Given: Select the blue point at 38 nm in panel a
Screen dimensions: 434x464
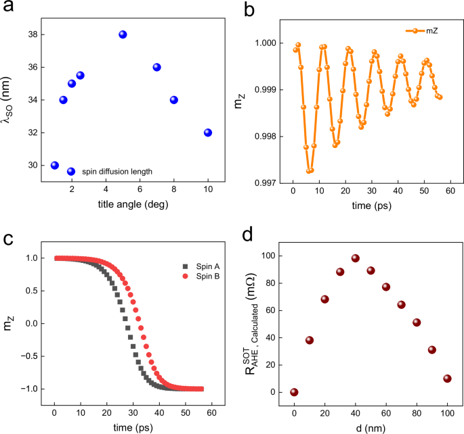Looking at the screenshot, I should (x=123, y=34).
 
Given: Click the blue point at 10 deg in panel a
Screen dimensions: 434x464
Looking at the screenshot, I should (x=207, y=132).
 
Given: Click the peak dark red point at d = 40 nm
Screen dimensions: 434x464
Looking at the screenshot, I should (x=355, y=258).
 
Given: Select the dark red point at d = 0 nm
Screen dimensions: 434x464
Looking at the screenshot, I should (x=294, y=392).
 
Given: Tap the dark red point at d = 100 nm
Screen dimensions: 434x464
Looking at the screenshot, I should (x=447, y=379).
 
